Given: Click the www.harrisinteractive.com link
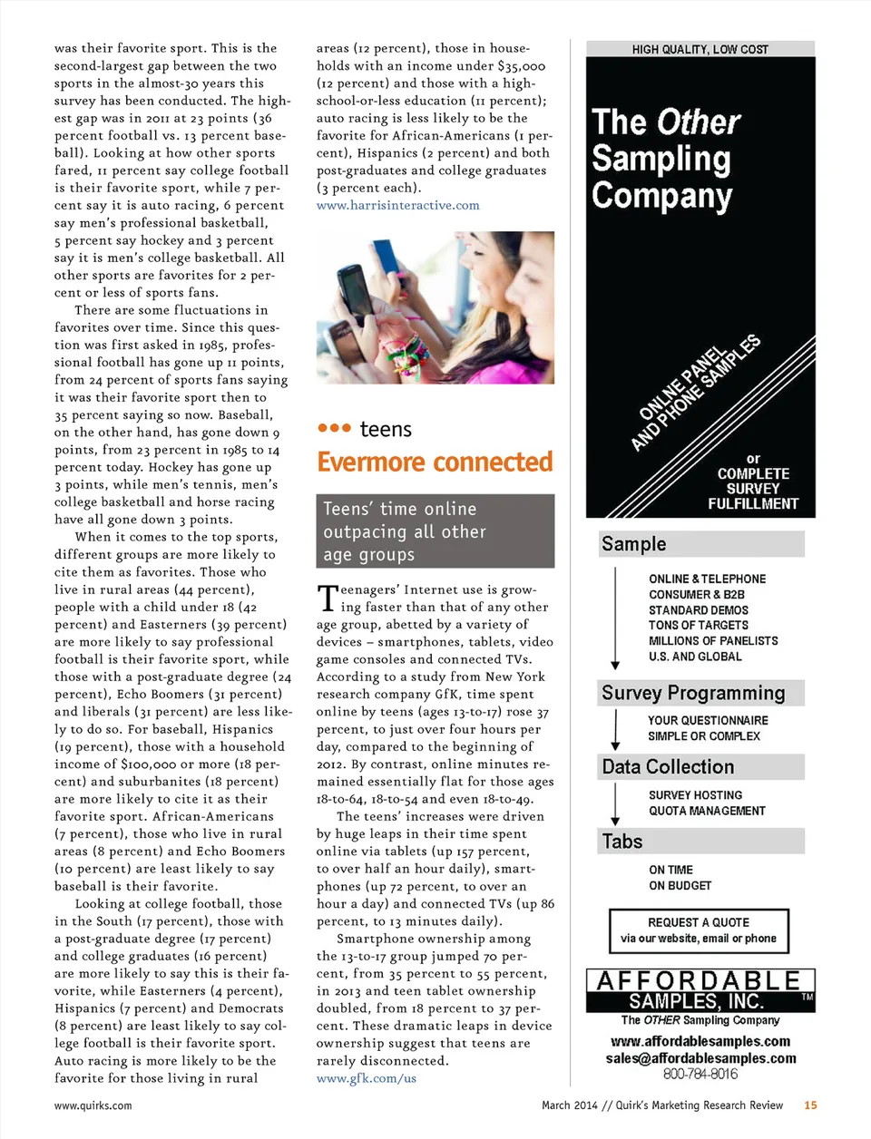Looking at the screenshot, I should (x=397, y=205).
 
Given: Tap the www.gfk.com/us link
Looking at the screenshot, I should (x=366, y=1078).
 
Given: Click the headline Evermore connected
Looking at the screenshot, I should (x=435, y=462).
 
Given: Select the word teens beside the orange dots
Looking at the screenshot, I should (x=386, y=430).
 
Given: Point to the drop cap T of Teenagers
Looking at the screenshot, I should (x=327, y=599).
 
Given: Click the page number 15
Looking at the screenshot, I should (x=810, y=1105).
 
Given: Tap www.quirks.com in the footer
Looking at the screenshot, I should (x=93, y=1105).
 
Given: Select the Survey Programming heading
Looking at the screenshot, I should (x=693, y=693).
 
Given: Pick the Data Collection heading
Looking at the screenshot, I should (x=668, y=767).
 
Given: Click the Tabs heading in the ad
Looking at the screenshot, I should (x=622, y=842).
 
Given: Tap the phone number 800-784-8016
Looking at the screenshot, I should (x=700, y=1074).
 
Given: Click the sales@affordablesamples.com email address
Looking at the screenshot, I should (x=700, y=1058).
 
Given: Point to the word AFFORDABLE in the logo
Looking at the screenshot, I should (x=699, y=981).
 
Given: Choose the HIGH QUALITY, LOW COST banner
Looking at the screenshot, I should (x=700, y=49).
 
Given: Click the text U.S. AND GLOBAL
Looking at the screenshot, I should (x=695, y=657).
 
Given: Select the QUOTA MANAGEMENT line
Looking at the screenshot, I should (x=707, y=811).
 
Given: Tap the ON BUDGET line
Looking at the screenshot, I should (x=680, y=885).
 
